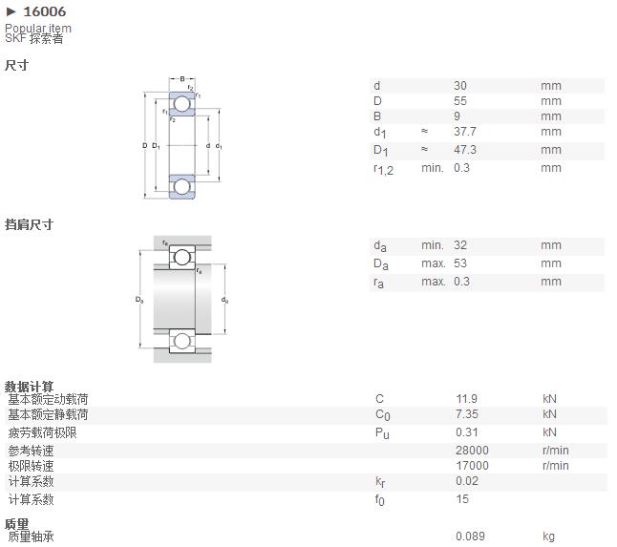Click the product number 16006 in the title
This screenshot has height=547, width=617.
click(x=45, y=11)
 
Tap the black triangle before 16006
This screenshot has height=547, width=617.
click(x=11, y=11)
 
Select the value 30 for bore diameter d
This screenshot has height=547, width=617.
click(x=460, y=85)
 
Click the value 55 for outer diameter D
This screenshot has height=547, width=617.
click(x=460, y=100)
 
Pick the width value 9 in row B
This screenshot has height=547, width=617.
click(x=457, y=116)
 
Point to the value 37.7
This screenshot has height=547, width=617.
click(x=465, y=132)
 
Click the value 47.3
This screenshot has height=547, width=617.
click(x=465, y=150)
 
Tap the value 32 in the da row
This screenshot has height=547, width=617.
click(x=460, y=245)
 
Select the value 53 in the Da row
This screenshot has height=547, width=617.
click(x=460, y=263)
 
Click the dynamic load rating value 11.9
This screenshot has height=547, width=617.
click(x=466, y=399)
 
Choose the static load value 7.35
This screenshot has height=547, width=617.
click(x=467, y=414)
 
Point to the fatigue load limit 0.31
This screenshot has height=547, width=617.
click(x=467, y=432)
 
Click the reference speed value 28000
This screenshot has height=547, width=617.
click(x=472, y=451)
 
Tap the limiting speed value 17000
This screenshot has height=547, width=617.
click(x=472, y=466)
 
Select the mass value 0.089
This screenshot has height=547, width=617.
click(x=470, y=536)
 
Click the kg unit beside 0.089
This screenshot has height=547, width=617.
click(x=548, y=536)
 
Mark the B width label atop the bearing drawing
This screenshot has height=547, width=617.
click(x=182, y=79)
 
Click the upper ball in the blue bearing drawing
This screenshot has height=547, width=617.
click(x=182, y=104)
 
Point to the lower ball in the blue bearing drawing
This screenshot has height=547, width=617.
click(x=182, y=186)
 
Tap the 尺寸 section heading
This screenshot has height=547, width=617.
click(x=16, y=65)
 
